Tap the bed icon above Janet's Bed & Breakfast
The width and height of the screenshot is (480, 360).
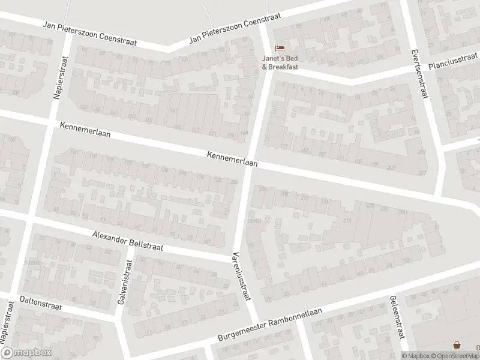click(x=279, y=48)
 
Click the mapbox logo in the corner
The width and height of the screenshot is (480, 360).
click(x=26, y=353)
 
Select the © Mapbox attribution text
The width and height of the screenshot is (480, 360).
click(x=416, y=355)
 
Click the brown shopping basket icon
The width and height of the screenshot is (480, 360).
click(x=457, y=345)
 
